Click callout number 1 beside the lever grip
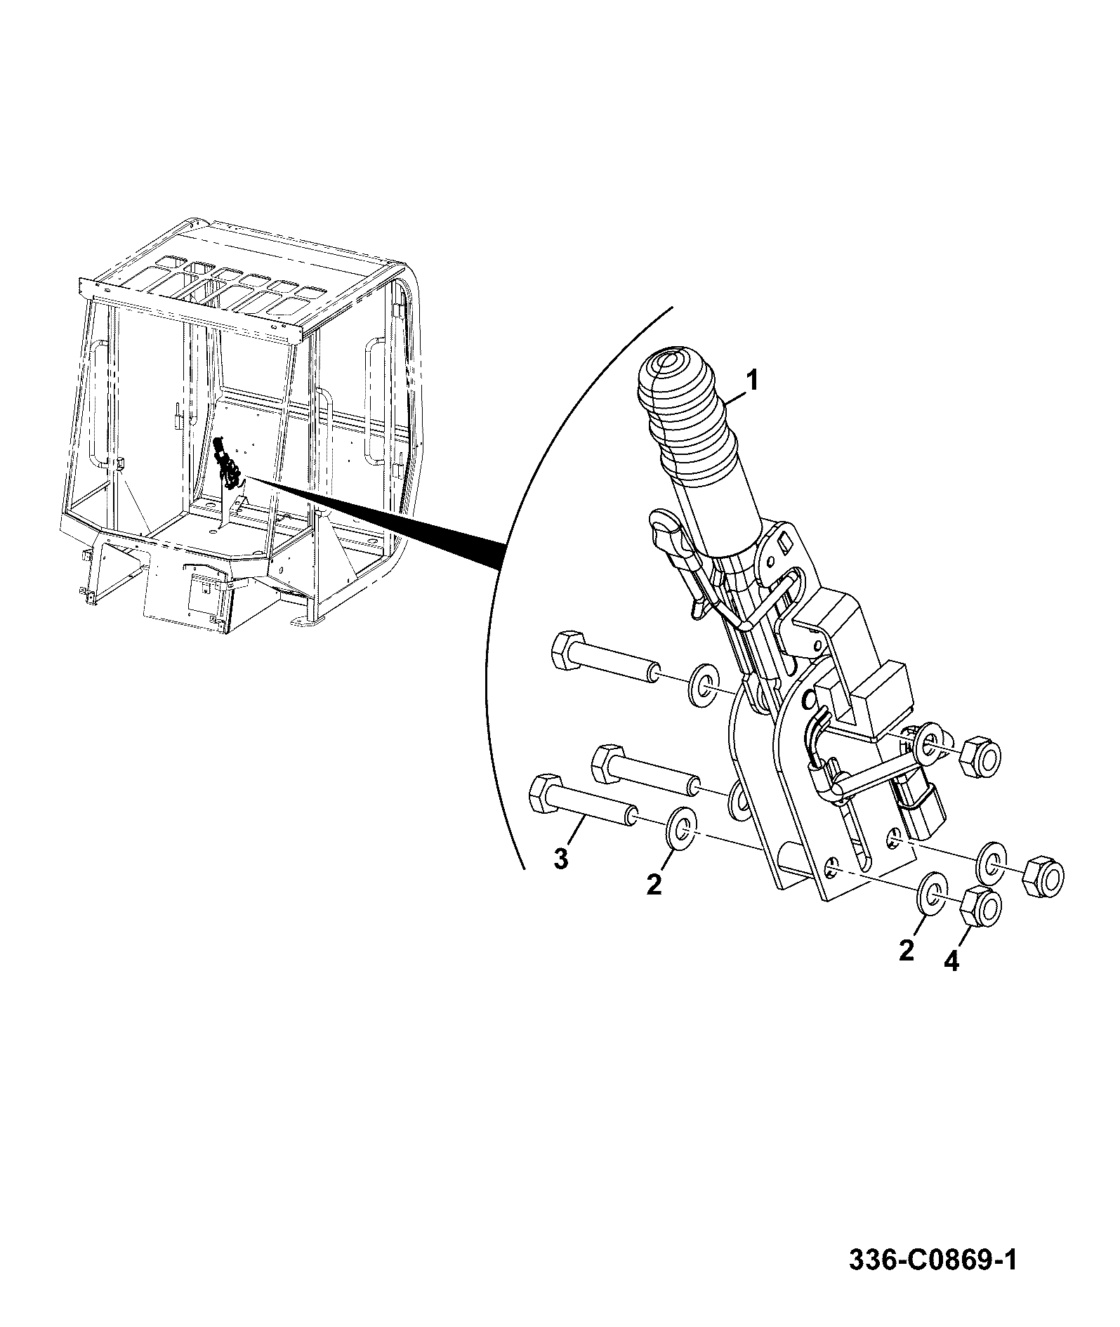(x=751, y=382)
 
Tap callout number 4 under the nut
(x=950, y=960)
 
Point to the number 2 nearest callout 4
(x=907, y=951)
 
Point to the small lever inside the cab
(x=228, y=463)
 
